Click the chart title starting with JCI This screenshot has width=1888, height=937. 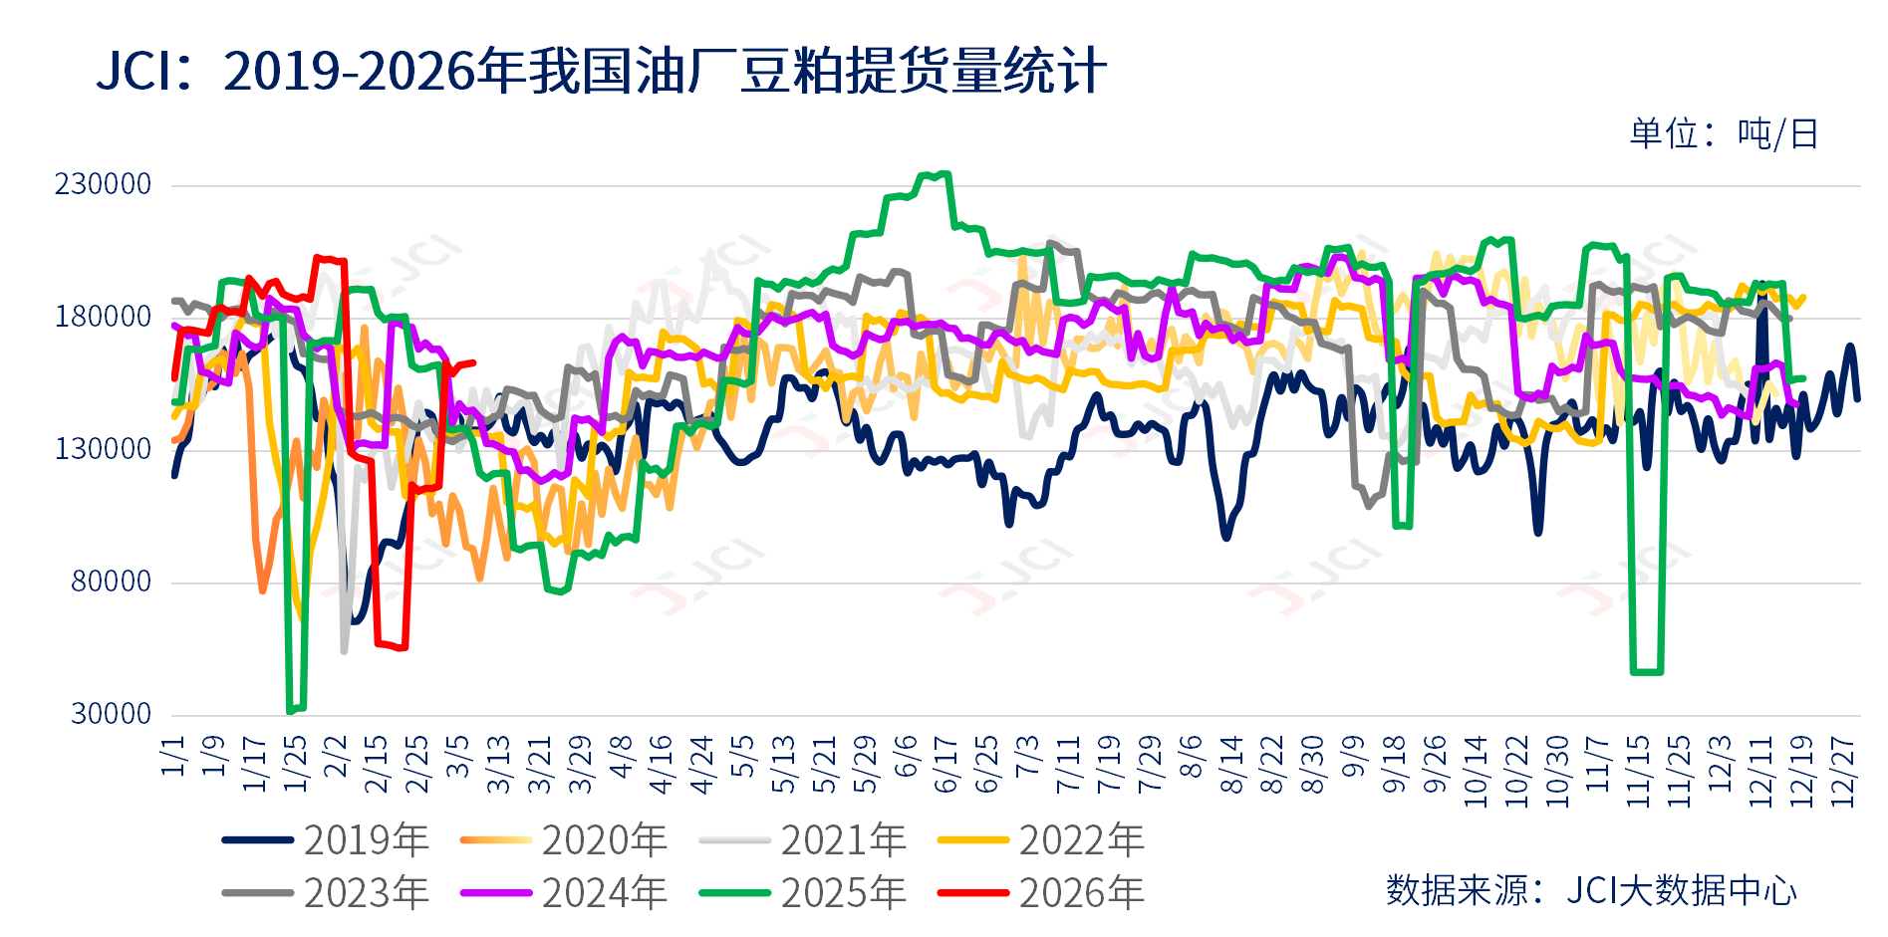pos(600,72)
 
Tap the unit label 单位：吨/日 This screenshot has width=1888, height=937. pos(1724,133)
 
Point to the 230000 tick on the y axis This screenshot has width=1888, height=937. pos(103,184)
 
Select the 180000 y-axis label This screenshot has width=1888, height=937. pos(103,317)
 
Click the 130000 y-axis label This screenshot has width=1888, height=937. pos(103,449)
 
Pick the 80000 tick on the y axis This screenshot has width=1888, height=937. pos(111,582)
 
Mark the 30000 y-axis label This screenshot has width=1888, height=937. pos(111,714)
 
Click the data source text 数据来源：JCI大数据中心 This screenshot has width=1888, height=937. pos(1591,890)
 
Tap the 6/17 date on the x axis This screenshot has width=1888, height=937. pos(945,765)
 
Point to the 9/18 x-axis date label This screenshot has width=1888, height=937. pos(1394,765)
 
